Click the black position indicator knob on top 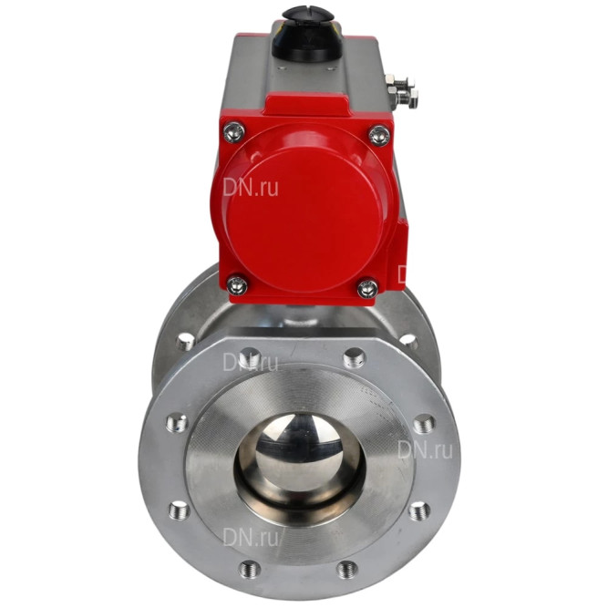[308, 34]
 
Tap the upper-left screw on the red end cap [234, 132]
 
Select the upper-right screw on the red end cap [379, 135]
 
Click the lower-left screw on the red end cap [237, 285]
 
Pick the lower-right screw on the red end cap [367, 289]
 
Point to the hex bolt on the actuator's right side [402, 92]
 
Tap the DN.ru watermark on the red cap [251, 188]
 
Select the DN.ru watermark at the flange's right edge [426, 449]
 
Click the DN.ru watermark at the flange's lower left [251, 537]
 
